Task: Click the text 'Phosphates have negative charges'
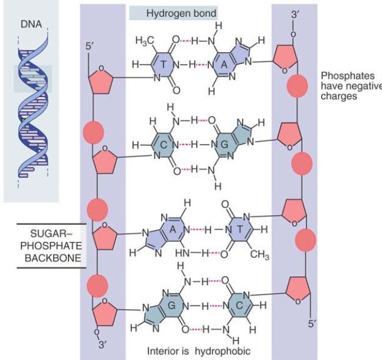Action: [350, 86]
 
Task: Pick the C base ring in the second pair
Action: [163, 144]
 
